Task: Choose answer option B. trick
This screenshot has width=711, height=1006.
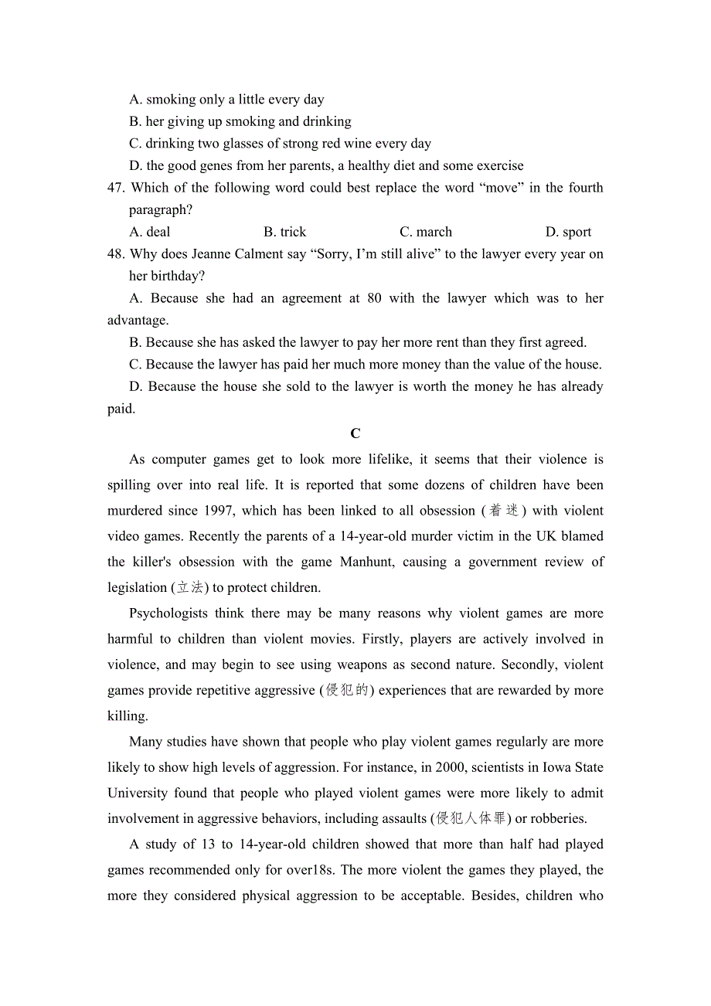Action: (284, 232)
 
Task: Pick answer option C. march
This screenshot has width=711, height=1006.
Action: (426, 232)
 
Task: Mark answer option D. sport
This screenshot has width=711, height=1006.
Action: (568, 232)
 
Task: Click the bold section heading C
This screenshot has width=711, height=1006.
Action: (355, 433)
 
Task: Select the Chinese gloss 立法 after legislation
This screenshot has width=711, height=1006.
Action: (190, 587)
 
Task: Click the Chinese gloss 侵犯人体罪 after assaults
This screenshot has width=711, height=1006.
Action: (471, 818)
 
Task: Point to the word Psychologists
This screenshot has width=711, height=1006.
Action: (168, 613)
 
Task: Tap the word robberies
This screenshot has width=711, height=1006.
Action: (558, 818)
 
